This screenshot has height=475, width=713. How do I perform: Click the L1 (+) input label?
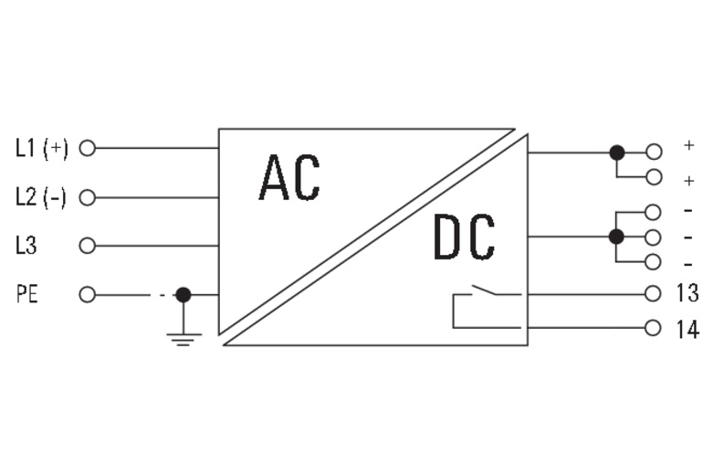click(42, 148)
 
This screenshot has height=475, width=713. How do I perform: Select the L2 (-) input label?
click(41, 197)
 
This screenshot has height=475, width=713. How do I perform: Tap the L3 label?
click(26, 246)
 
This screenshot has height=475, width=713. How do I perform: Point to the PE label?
click(27, 294)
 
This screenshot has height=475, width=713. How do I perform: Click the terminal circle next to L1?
click(88, 148)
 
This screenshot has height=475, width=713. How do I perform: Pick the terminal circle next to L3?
click(88, 246)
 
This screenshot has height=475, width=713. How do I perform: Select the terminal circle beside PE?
click(88, 295)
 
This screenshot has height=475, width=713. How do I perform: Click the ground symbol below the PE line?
click(183, 340)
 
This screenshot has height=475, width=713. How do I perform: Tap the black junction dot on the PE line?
click(183, 295)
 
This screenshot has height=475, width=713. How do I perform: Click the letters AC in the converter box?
click(289, 177)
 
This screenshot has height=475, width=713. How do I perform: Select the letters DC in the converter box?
click(465, 237)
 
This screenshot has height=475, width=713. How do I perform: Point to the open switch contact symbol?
click(484, 290)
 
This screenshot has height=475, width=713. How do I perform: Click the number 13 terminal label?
click(687, 292)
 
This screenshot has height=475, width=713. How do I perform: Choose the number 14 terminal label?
click(687, 329)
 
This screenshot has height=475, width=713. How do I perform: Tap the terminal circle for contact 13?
click(653, 294)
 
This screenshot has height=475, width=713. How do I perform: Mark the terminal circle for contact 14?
click(653, 328)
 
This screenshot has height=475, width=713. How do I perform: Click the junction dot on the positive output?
click(616, 153)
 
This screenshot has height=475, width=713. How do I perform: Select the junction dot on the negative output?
click(616, 237)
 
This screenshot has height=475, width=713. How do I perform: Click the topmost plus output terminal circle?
click(654, 152)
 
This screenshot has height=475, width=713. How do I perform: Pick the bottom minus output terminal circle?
click(653, 262)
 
